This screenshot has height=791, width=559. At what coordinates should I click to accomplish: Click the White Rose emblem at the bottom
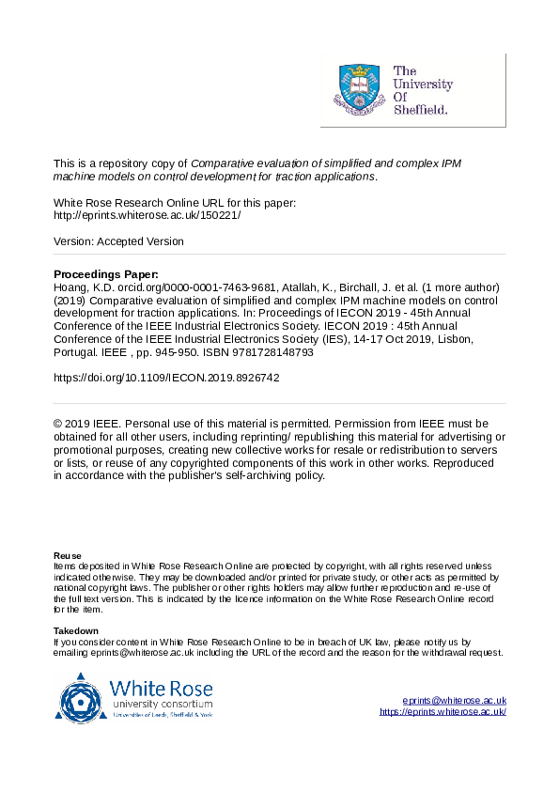(83, 696)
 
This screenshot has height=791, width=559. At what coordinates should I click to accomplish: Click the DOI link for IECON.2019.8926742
(166, 378)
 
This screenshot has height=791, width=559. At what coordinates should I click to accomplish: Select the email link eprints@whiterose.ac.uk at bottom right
(454, 701)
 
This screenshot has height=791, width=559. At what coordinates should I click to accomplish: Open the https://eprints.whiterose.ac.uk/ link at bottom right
(443, 712)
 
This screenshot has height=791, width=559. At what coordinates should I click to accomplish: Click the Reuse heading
(67, 556)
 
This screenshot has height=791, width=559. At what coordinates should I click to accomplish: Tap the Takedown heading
(75, 630)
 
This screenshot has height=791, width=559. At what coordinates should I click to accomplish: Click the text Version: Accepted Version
(118, 241)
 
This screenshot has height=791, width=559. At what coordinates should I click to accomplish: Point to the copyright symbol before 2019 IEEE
(58, 424)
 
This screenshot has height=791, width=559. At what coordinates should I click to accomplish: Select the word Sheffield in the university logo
(420, 110)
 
